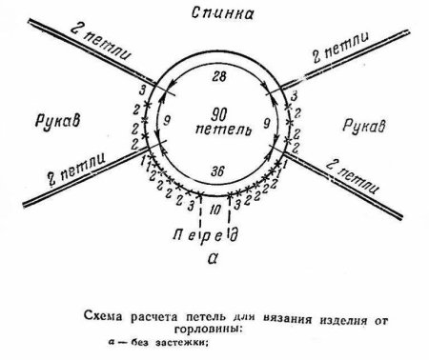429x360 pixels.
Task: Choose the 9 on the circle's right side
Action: coord(264,122)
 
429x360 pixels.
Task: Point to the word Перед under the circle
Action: coord(214,233)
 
